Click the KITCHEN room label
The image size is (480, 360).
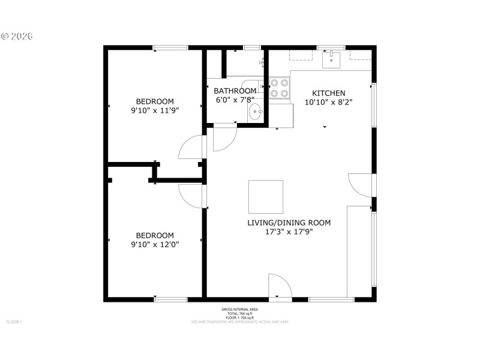coord(328,93)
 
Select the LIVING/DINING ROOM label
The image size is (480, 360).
coord(289,223)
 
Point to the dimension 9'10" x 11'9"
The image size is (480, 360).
coord(155,110)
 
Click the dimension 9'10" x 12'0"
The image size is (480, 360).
coord(155,244)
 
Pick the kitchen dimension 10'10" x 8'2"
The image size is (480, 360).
coord(328,102)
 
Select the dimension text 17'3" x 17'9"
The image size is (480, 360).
coord(289,232)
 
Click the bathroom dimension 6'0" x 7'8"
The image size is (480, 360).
coord(235,100)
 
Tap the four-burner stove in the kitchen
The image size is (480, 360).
coord(278,88)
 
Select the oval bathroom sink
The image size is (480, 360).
coord(255,112)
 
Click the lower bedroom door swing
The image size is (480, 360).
coord(191,196)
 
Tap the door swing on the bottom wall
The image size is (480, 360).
coord(279,285)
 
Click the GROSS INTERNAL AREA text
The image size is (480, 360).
coord(240,310)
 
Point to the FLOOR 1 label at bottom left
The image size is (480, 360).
coord(14,322)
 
